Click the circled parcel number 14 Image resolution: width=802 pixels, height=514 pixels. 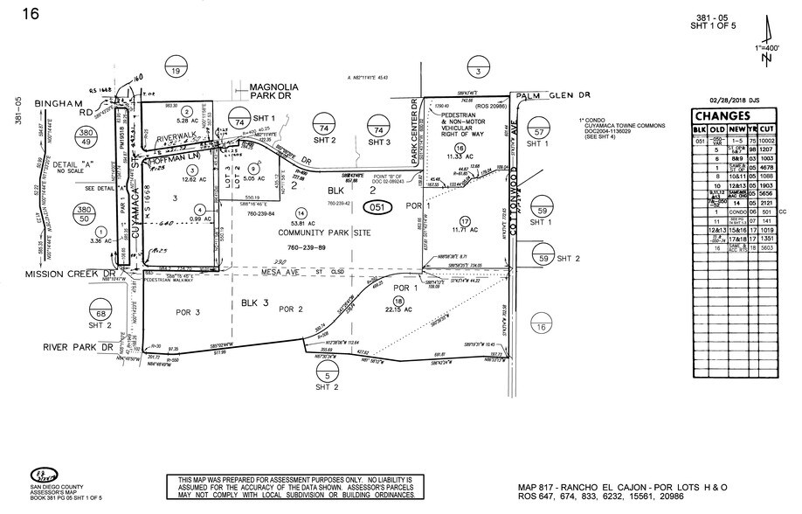(x=301, y=212)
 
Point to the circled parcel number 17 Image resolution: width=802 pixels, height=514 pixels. (x=465, y=219)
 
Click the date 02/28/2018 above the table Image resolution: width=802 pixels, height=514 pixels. (x=733, y=101)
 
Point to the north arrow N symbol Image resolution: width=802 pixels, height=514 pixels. (x=766, y=58)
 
